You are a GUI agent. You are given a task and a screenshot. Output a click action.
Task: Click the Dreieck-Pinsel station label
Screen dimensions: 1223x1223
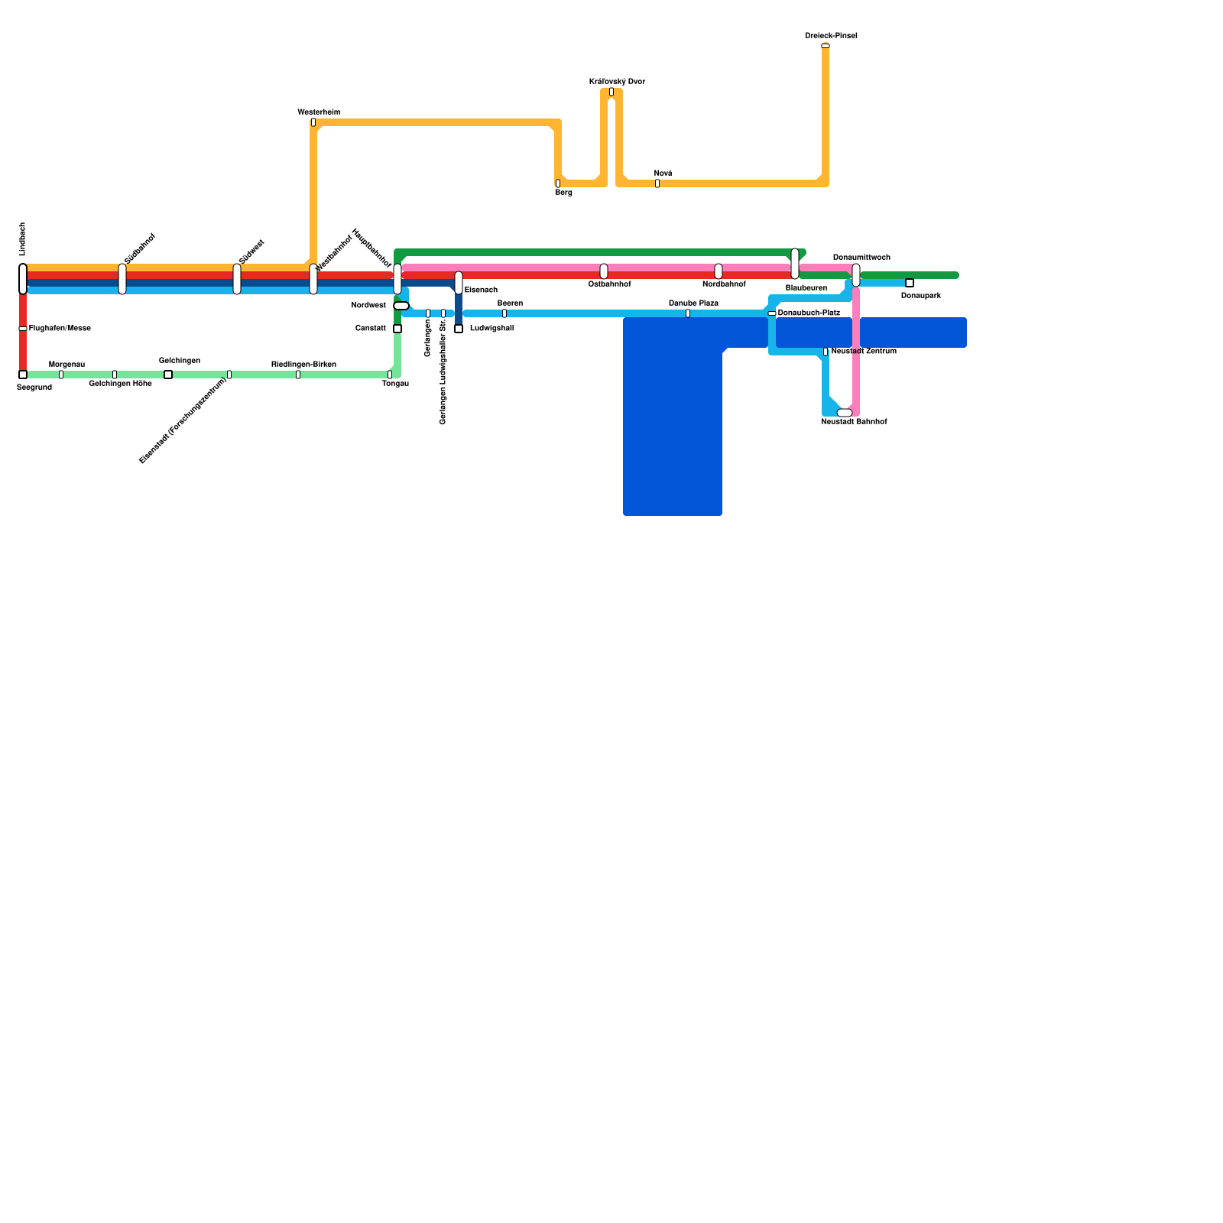831,36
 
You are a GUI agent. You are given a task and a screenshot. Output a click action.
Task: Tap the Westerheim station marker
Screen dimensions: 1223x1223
313,122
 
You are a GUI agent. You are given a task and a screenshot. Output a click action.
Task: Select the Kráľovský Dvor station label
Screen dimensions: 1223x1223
617,82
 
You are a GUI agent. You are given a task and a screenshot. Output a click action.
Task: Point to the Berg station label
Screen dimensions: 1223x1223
563,193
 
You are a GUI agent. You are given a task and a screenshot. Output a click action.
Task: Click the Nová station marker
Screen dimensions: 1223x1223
657,183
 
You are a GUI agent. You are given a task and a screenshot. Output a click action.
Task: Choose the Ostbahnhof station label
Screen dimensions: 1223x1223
609,284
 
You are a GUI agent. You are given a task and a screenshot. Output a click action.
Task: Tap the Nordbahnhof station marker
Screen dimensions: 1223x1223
719,271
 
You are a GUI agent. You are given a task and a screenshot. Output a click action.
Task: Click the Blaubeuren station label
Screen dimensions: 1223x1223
806,288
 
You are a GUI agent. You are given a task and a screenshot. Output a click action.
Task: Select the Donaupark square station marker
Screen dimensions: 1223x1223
910,283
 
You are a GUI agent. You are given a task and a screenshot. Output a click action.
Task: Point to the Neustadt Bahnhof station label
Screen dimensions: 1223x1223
854,422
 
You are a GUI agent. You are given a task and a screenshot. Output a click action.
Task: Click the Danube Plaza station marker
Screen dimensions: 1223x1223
688,313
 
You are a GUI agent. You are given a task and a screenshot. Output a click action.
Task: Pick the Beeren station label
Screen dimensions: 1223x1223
510,303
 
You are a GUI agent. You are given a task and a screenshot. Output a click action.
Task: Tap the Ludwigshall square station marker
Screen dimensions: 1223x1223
459,329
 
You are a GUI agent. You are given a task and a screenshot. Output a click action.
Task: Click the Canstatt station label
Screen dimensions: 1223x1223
371,329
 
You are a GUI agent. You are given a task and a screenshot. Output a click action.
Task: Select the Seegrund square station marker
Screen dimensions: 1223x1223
23,375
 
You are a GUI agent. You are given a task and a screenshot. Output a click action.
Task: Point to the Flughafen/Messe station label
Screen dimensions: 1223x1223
60,329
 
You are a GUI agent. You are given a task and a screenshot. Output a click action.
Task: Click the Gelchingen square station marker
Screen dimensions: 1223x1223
168,375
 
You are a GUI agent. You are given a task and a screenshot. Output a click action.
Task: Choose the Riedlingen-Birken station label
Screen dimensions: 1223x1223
303,365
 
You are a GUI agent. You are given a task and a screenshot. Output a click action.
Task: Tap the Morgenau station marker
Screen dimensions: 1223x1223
61,375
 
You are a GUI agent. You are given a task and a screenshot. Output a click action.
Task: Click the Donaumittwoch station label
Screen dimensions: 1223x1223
861,258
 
